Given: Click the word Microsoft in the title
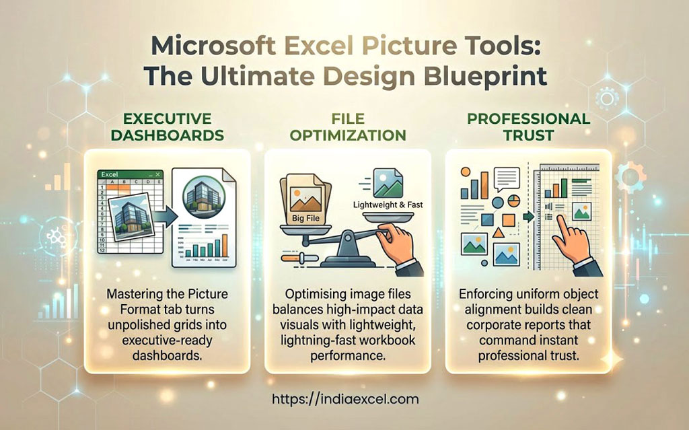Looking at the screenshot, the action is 213,46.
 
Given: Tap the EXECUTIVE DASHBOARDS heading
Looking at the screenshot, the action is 168,127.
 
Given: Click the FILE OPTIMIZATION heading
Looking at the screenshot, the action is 348,127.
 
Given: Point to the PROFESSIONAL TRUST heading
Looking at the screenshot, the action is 529,127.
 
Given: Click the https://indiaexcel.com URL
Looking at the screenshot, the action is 345,399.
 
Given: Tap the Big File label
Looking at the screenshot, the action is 306,218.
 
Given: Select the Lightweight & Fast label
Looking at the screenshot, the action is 388,205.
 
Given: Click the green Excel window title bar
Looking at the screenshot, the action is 130,174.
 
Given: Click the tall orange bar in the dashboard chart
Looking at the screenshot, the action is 225,246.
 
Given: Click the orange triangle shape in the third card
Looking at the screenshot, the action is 499,232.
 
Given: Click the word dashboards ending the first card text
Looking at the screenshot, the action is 168,355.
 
